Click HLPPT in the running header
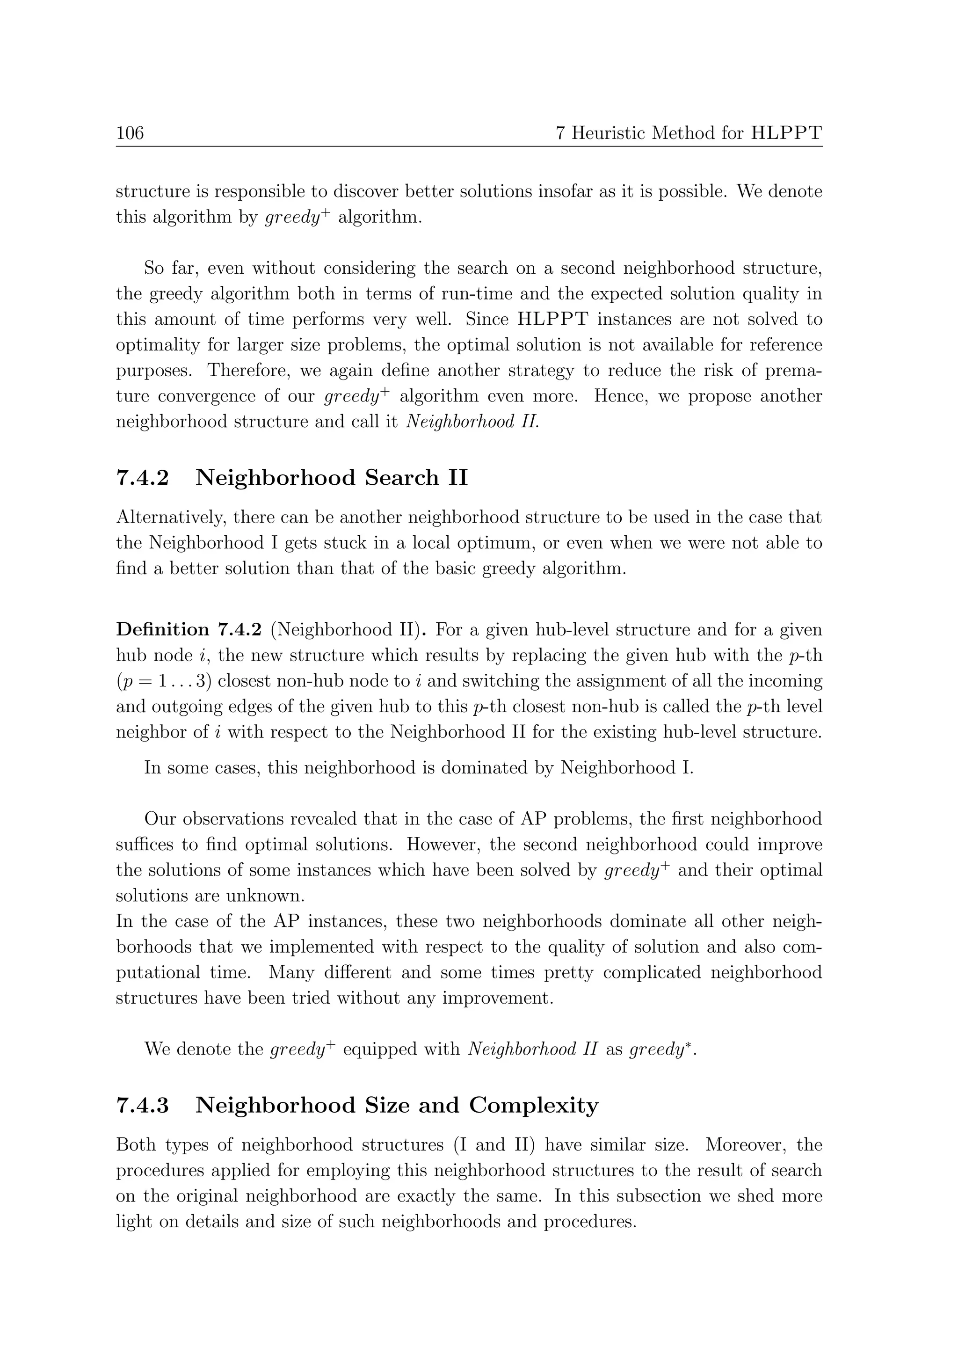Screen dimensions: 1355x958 (x=786, y=133)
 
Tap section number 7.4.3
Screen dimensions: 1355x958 (x=142, y=1105)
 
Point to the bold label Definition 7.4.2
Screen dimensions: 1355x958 (x=188, y=630)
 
